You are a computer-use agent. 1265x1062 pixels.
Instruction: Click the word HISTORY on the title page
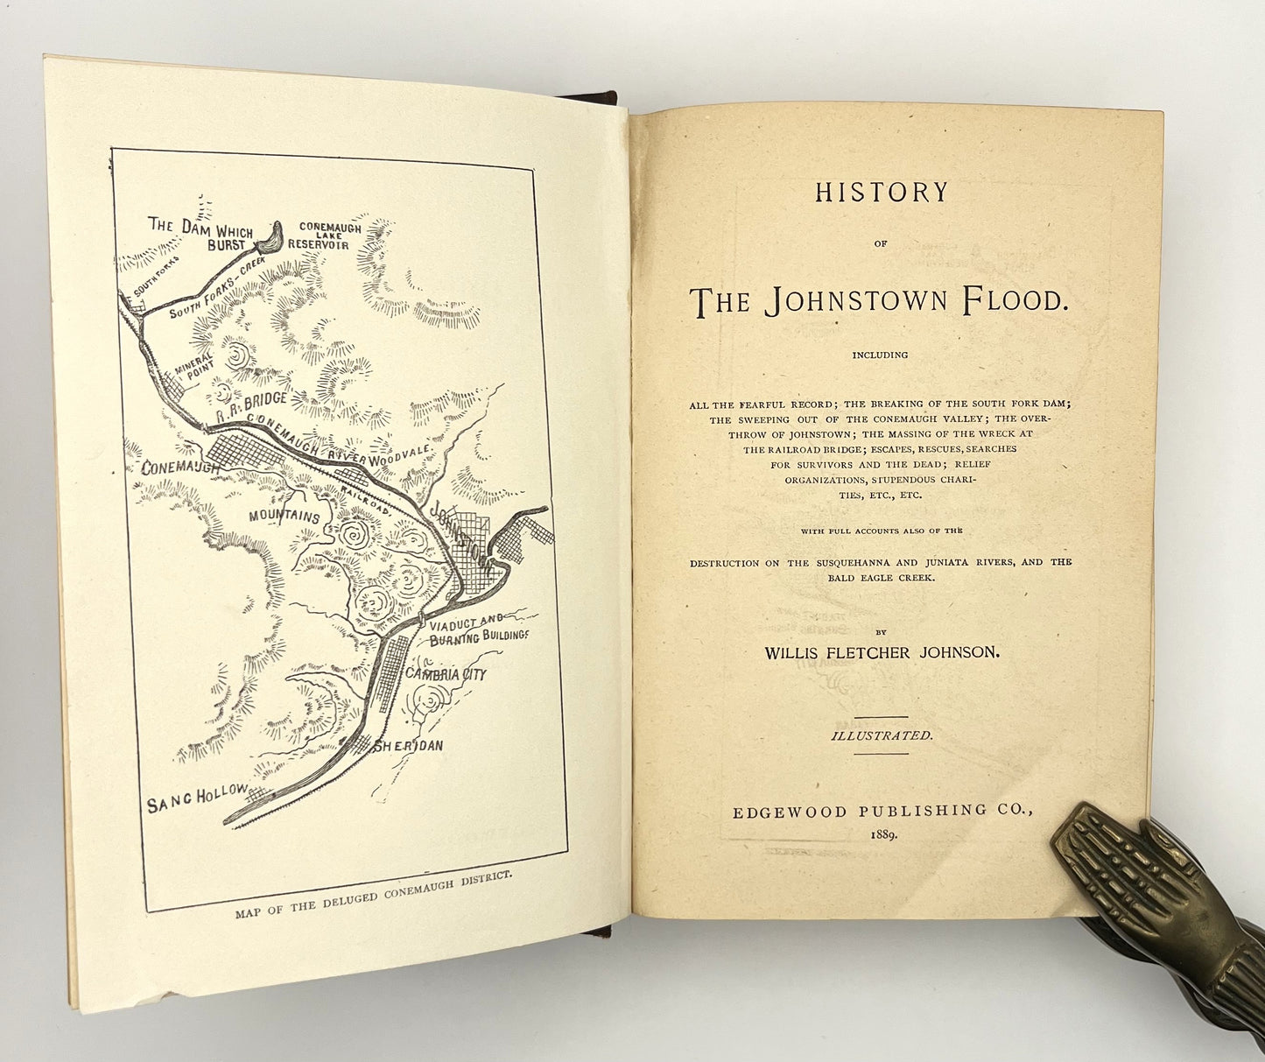pyautogui.click(x=881, y=193)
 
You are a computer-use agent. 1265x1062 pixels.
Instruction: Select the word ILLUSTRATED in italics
pyautogui.click(x=882, y=736)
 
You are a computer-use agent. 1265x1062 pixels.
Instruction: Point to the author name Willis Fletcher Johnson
pyautogui.click(x=882, y=653)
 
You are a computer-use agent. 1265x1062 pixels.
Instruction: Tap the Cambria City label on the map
pyautogui.click(x=446, y=674)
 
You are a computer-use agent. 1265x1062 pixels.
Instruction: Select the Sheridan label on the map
pyautogui.click(x=409, y=746)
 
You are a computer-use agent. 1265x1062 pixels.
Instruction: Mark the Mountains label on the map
pyautogui.click(x=285, y=517)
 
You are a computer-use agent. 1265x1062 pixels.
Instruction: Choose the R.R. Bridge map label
pyautogui.click(x=252, y=403)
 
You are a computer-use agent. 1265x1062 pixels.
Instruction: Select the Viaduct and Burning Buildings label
pyautogui.click(x=479, y=629)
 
